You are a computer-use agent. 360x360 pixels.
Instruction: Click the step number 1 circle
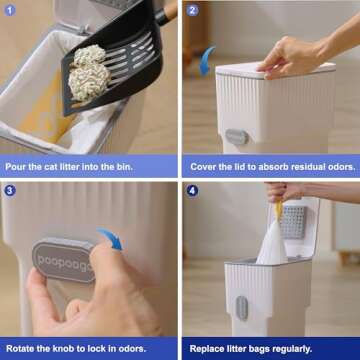11,11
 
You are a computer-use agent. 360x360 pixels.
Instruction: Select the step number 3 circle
11,191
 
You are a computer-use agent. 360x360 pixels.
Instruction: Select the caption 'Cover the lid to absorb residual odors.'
270,166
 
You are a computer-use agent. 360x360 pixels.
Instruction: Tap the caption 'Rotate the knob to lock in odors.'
87,349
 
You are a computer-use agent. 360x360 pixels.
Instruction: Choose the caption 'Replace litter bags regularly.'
263,349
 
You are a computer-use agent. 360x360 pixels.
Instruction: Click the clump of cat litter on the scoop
90,71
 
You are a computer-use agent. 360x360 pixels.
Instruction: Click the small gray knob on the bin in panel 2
235,136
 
